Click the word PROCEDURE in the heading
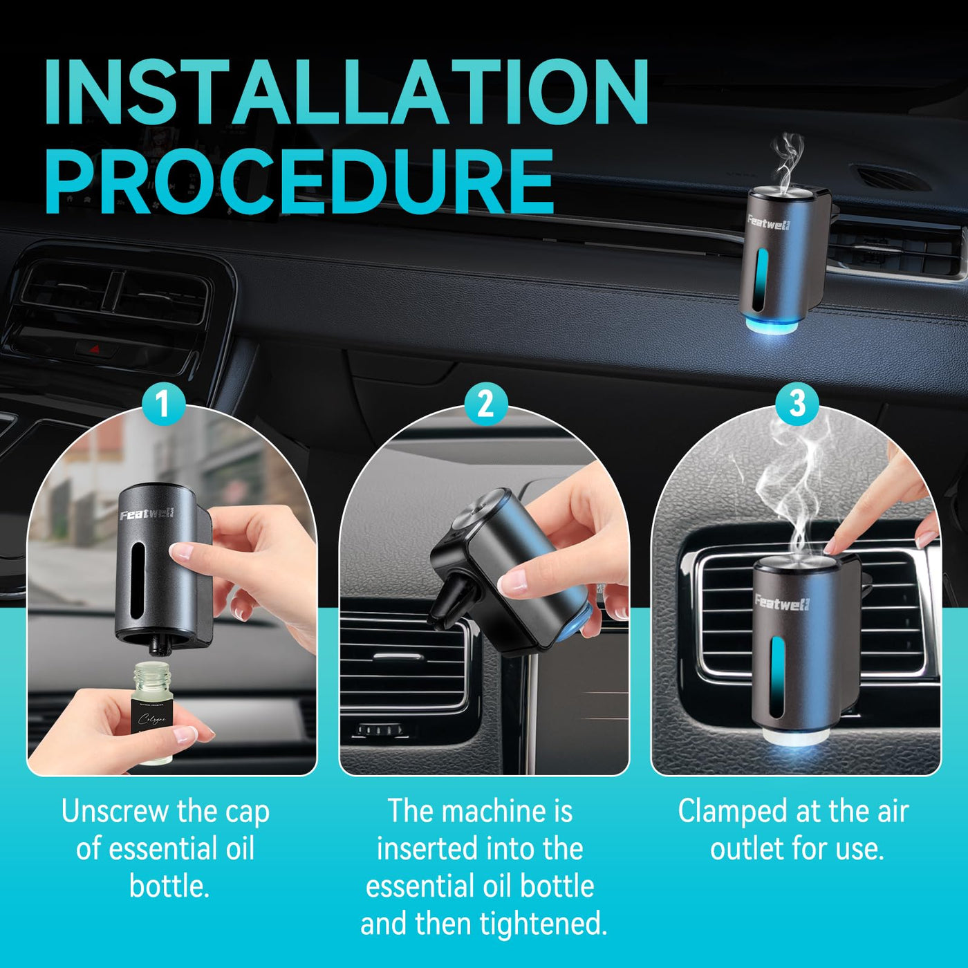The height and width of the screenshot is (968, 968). coord(300,182)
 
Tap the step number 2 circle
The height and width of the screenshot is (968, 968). coord(485,404)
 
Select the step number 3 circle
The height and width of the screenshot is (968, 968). coord(797,404)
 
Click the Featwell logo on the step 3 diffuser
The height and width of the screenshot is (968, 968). coord(781,602)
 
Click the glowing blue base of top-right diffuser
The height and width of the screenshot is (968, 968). coord(772,324)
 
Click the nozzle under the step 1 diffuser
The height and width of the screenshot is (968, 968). coord(157,645)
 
